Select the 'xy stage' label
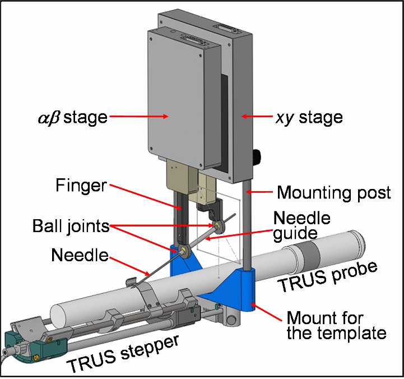coord(309,118)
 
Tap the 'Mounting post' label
coord(334,193)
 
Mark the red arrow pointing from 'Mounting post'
coord(261,192)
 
